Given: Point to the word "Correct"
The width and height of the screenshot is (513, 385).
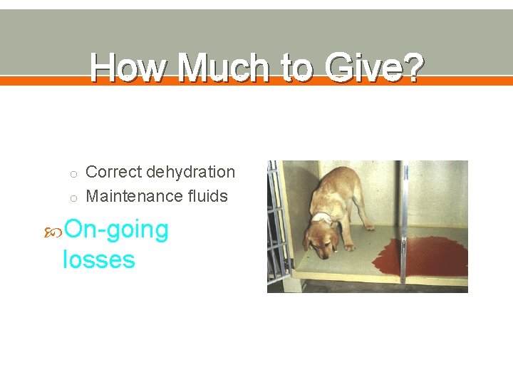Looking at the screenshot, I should (x=114, y=172).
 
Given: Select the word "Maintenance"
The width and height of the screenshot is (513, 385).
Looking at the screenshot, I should (x=132, y=196).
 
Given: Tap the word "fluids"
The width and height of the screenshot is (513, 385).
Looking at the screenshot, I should (x=204, y=196).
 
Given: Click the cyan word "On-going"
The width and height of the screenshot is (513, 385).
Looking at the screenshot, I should (x=116, y=230).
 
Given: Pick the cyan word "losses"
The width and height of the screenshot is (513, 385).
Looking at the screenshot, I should (x=98, y=259).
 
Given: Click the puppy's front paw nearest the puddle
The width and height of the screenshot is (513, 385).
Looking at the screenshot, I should (x=349, y=247).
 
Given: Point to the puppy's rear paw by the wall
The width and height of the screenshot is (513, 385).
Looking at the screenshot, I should (x=369, y=227).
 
